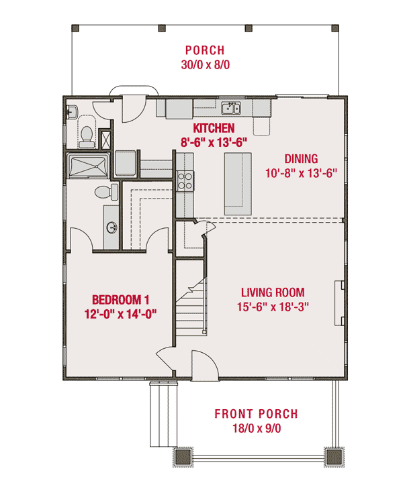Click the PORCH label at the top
click(205, 50)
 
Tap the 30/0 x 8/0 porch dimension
click(205, 65)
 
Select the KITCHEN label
click(214, 127)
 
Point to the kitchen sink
click(231, 108)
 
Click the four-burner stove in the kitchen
click(185, 180)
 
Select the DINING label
click(300, 159)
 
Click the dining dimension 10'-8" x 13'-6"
click(300, 172)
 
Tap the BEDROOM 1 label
click(121, 299)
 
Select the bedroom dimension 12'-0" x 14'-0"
click(121, 313)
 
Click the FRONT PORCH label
click(256, 414)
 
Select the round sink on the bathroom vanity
click(111, 226)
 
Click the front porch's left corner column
click(183, 457)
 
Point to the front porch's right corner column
click(334, 457)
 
